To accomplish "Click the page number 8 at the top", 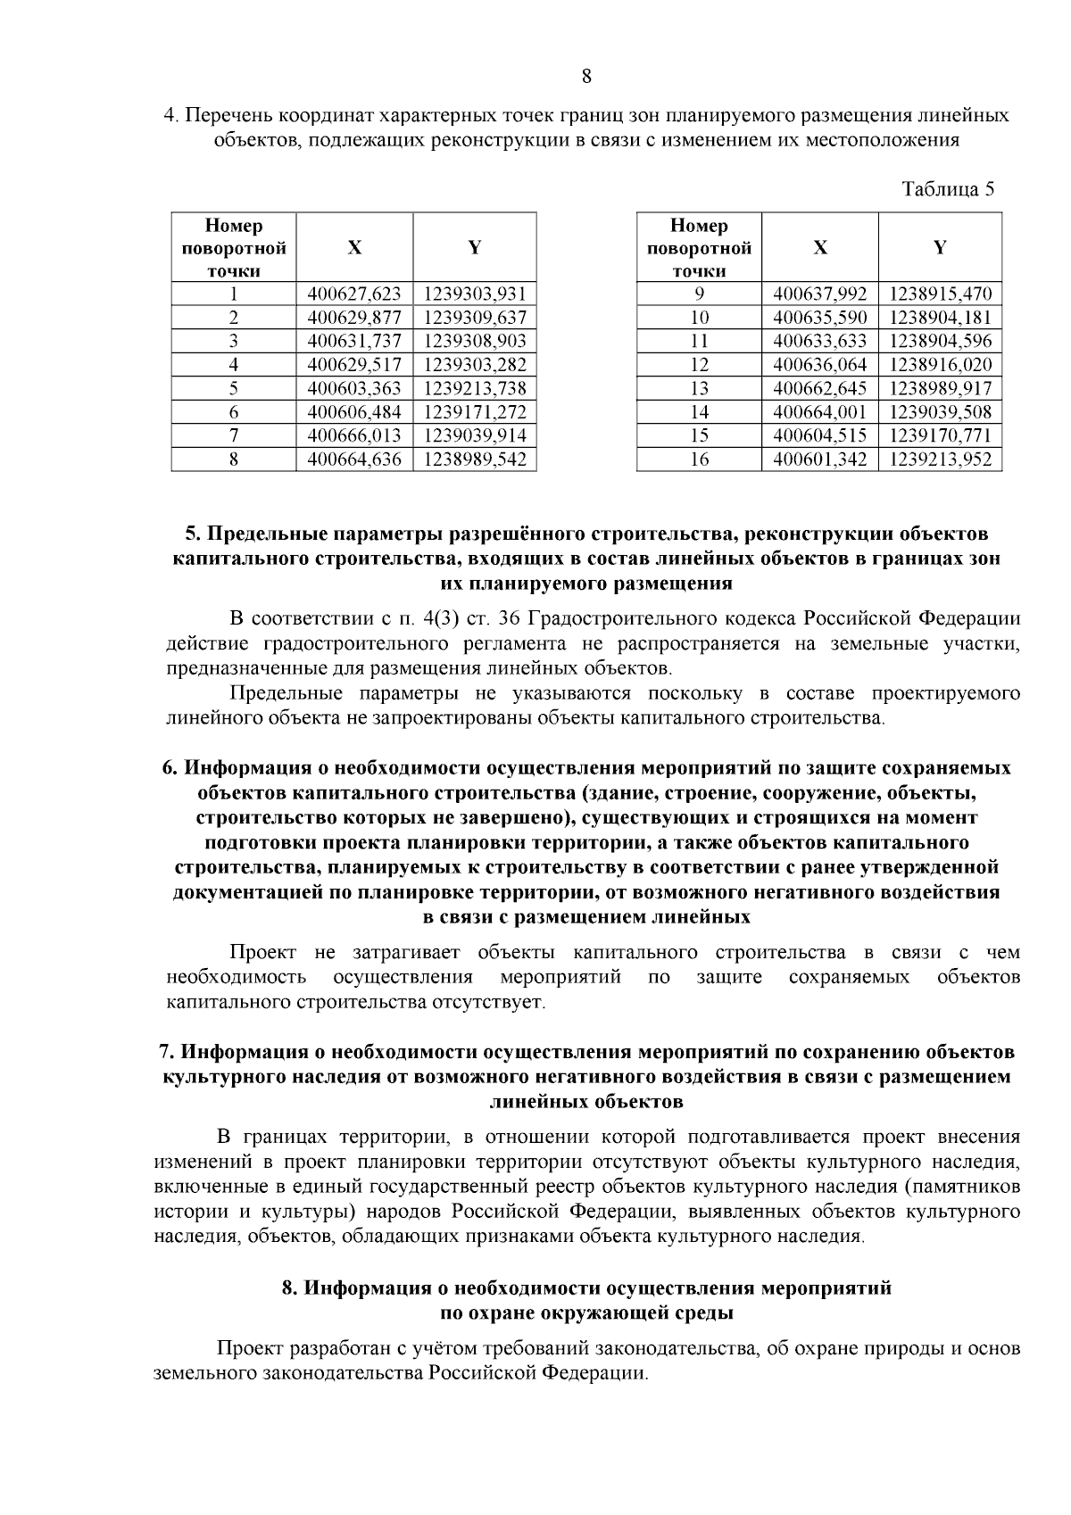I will [586, 76].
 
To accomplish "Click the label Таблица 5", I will [947, 189].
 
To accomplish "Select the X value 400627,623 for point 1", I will [354, 294].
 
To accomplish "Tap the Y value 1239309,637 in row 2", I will [475, 318].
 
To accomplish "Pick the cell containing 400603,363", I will [354, 388].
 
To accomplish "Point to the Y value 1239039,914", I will [475, 435].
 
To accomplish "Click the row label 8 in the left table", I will [233, 459].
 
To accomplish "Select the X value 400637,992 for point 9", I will [819, 294].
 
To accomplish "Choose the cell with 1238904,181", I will [940, 318].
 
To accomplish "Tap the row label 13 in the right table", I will [700, 388].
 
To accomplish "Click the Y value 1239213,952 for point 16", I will [940, 459].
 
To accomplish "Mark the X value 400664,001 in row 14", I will [819, 412].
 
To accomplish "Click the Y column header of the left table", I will [475, 248].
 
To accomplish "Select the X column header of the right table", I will [819, 248].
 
